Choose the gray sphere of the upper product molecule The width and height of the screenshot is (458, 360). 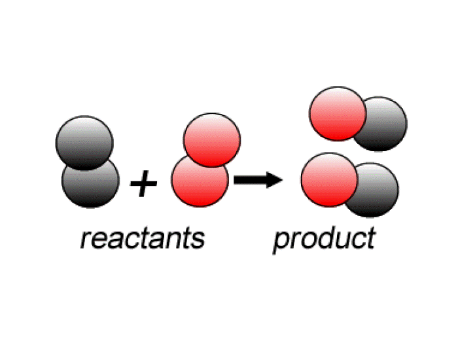(386, 124)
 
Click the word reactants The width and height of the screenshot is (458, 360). (142, 238)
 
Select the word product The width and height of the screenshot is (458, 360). (324, 238)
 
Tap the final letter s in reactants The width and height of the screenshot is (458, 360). (198, 240)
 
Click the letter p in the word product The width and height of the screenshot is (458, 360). (281, 242)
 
